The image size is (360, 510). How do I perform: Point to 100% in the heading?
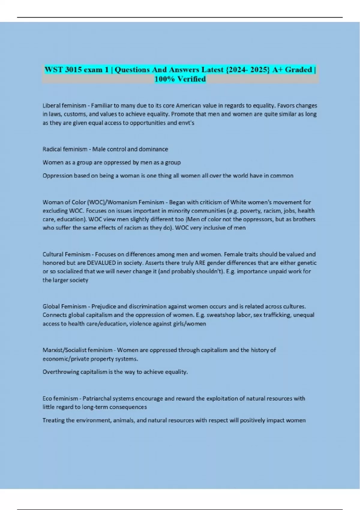(164, 79)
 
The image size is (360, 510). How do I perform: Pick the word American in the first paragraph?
(188, 106)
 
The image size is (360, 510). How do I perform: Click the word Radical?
(51, 149)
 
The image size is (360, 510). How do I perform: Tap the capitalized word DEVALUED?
(101, 263)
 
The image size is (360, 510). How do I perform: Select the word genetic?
(307, 263)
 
